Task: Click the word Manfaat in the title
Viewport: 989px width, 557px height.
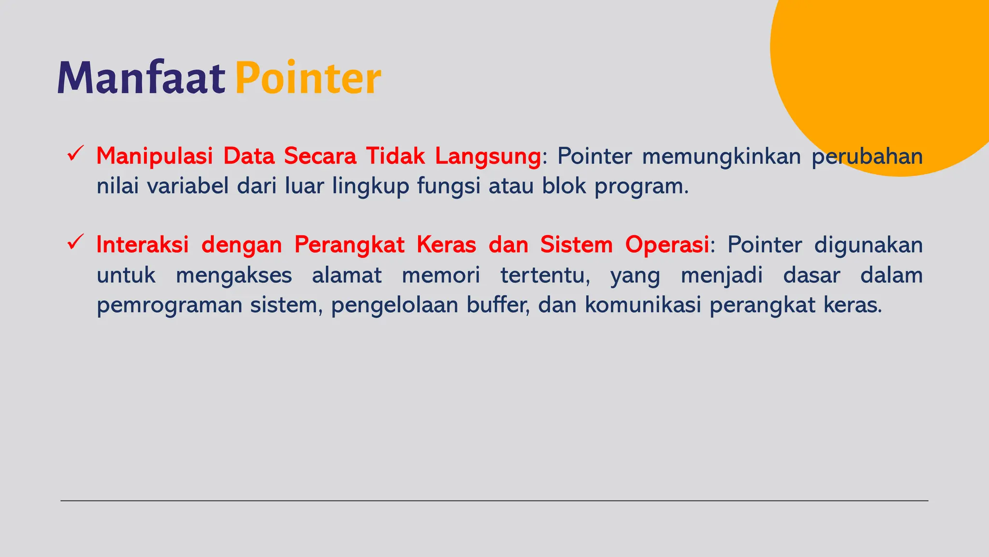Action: coord(141,77)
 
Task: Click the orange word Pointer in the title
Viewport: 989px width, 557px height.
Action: coord(308,77)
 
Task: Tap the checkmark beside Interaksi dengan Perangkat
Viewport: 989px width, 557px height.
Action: coord(76,242)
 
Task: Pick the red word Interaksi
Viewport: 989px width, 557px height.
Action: coord(142,245)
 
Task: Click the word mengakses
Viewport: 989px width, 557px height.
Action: coord(234,276)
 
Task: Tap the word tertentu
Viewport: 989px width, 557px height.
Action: coord(545,276)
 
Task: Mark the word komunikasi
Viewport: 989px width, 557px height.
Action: coord(643,305)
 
